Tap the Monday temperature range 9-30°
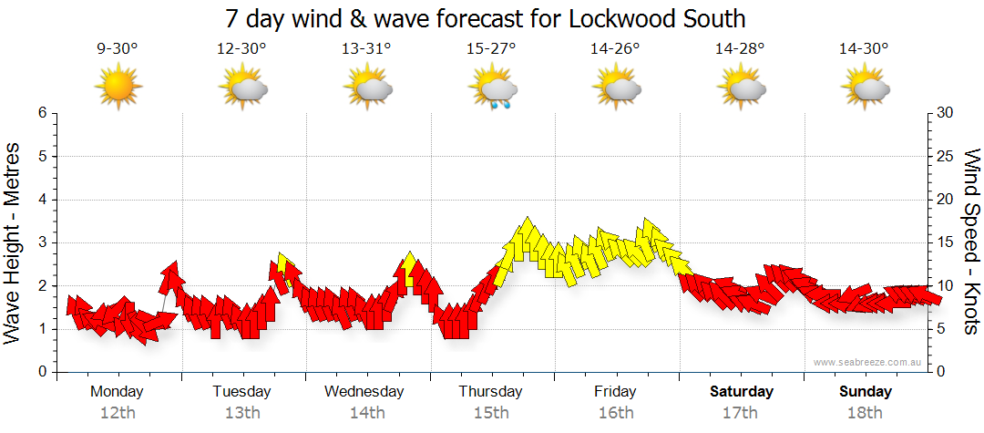[x=118, y=50]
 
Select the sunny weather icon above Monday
[x=118, y=88]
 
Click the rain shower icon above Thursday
[x=493, y=90]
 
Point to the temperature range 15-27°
[x=491, y=50]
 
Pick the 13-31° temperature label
[x=366, y=50]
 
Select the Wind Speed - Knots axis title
[x=971, y=242]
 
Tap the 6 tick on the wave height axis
[x=41, y=113]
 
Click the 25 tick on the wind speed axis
[x=946, y=156]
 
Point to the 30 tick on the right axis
[x=946, y=113]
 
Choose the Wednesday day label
[x=364, y=392]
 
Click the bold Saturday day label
[x=742, y=392]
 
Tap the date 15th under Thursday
[x=490, y=413]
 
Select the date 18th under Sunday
[x=866, y=413]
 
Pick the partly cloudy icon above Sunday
[x=866, y=89]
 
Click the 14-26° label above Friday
[x=616, y=50]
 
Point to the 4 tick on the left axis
[x=41, y=200]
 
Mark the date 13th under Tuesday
[x=241, y=413]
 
